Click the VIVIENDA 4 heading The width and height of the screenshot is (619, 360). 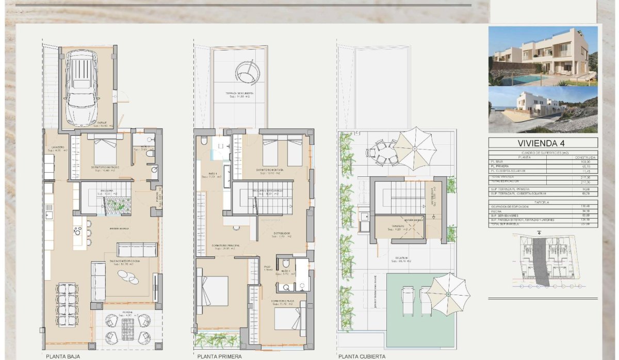point(543,144)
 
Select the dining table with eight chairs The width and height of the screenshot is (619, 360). point(67,306)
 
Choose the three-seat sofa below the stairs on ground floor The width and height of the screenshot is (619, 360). point(137,250)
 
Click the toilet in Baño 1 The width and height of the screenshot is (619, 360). point(204,141)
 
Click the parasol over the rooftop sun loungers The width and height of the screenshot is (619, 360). point(448,293)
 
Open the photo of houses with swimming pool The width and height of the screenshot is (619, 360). point(543,56)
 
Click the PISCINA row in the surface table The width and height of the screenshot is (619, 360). point(543,210)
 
